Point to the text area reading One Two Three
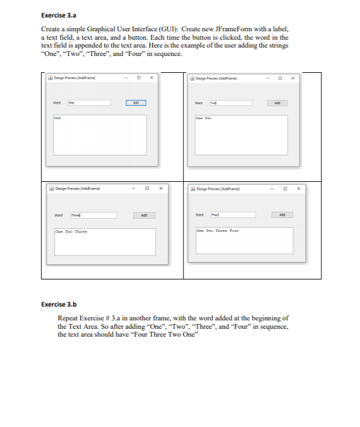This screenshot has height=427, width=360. [x=105, y=242]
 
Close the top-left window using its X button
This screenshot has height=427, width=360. [x=151, y=78]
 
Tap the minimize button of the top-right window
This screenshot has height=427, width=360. [x=268, y=78]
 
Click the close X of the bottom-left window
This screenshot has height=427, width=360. [x=161, y=189]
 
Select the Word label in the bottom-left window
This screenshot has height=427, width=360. [x=59, y=215]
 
